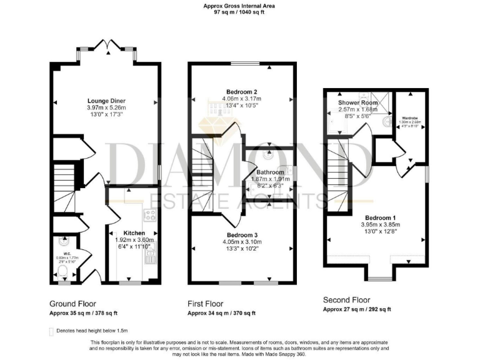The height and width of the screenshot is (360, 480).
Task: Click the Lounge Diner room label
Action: coord(104,99)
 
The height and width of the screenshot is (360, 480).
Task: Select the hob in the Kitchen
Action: coord(151,216)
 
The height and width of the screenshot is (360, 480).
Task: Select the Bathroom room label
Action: coord(262,172)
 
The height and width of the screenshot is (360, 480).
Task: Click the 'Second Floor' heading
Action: coord(346,300)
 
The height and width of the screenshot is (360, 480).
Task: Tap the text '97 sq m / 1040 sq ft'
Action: coord(239,11)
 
